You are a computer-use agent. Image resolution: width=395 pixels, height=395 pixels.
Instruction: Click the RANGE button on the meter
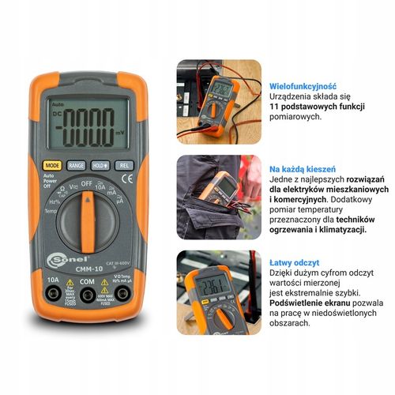(x=77, y=166)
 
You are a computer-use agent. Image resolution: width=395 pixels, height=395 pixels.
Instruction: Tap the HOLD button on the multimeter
(x=100, y=166)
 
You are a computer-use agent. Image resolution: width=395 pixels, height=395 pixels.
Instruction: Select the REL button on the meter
(x=123, y=166)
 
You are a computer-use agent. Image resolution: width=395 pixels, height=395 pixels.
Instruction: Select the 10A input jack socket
(x=53, y=295)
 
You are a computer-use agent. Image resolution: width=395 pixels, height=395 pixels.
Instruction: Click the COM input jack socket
(x=87, y=295)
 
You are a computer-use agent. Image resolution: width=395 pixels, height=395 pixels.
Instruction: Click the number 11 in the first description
(x=274, y=105)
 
